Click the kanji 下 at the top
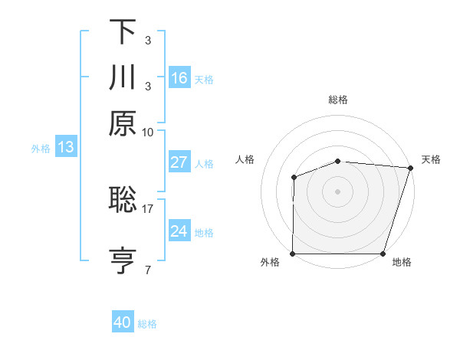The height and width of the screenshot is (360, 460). [x=123, y=32]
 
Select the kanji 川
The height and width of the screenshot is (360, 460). [x=123, y=77]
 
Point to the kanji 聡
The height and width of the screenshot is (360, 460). [x=123, y=200]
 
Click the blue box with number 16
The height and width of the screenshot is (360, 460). [x=179, y=78]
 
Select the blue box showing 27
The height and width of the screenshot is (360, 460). [x=179, y=162]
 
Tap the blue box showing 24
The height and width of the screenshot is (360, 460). [x=179, y=231]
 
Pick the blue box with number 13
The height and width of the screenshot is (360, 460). [x=65, y=148]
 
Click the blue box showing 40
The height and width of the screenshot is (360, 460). [x=123, y=322]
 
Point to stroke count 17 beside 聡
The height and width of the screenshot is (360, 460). [x=148, y=208]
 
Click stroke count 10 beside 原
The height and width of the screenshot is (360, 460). [x=148, y=132]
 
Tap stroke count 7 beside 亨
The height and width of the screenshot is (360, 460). [x=148, y=270]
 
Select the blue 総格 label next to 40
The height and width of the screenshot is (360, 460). [x=148, y=324]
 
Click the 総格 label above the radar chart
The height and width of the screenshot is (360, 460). [x=338, y=100]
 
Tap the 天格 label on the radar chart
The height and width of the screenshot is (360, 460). [x=431, y=159]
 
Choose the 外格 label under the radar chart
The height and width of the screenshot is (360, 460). [x=270, y=263]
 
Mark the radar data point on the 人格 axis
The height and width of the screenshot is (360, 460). [x=294, y=178]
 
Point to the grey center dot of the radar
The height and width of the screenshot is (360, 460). [x=338, y=191]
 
